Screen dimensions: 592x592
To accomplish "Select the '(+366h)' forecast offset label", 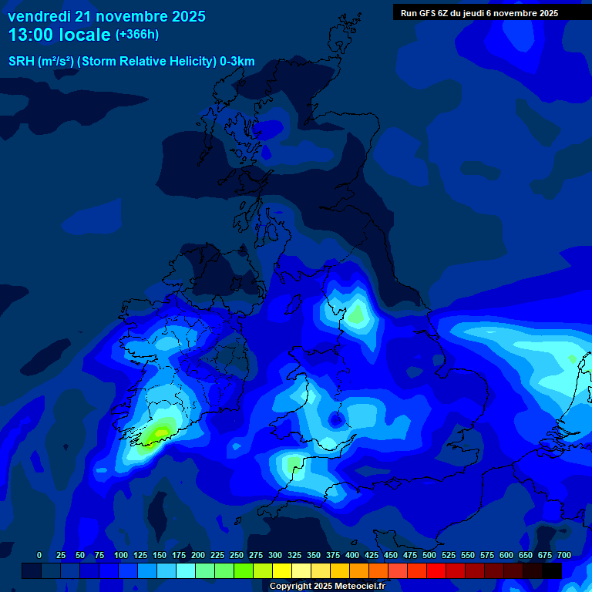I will tap(136, 35).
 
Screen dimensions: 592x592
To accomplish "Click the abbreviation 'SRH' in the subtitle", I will tap(21, 62).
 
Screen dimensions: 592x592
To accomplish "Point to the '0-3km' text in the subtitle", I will tap(237, 62).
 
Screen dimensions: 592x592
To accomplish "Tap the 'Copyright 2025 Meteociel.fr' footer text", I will tap(328, 586).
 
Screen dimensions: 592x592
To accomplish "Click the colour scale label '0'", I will tap(39, 555).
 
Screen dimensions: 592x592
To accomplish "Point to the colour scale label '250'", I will tap(237, 555).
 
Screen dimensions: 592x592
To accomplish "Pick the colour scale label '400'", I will tap(352, 555).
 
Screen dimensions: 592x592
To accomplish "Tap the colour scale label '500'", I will tap(429, 555).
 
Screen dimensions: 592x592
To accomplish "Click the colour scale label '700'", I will tap(564, 555).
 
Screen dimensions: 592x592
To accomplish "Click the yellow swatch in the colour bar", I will tap(282, 570).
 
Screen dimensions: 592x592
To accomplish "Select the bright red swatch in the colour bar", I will tap(436, 570).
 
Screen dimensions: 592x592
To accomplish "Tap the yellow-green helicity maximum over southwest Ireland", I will tap(160, 432).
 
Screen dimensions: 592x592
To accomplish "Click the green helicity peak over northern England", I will tap(355, 314).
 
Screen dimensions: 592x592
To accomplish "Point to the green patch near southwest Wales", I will tap(293, 464).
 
